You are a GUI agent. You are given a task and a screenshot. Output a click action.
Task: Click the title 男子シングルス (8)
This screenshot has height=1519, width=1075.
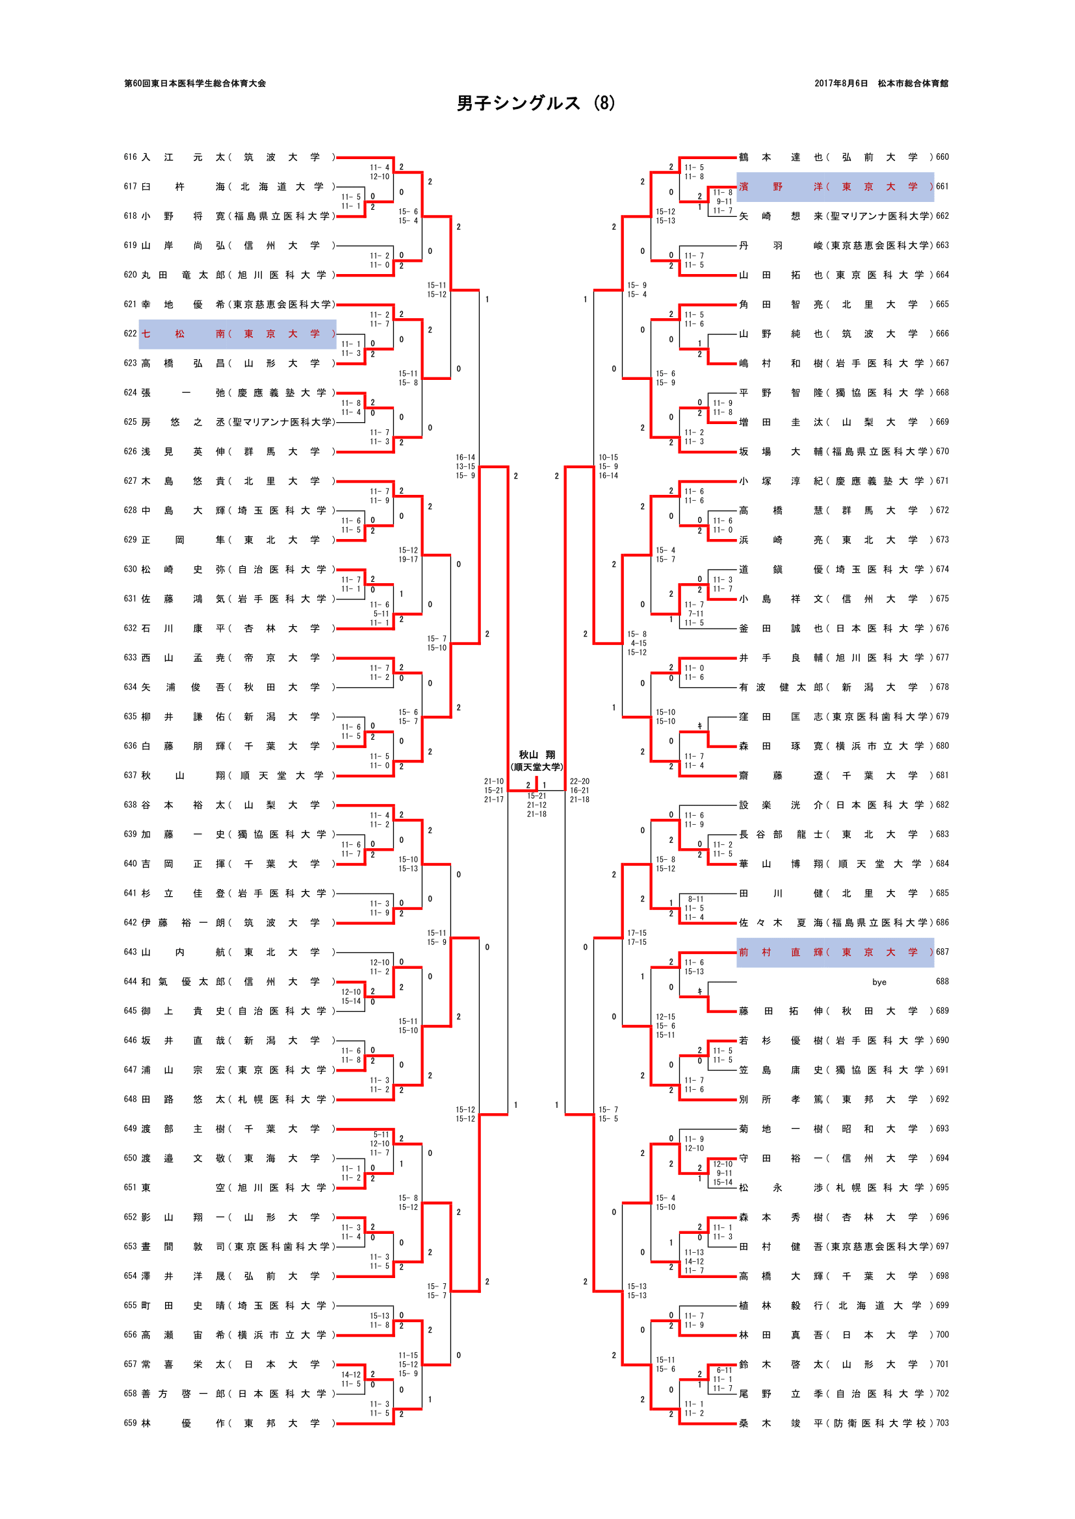tap(536, 103)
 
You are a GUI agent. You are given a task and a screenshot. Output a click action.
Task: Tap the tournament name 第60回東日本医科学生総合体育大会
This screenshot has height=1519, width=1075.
tap(194, 83)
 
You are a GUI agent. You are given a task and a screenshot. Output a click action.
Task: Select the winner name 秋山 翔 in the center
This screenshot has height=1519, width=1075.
tap(536, 755)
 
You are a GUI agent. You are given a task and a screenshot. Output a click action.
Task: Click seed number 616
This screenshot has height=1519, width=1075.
tap(130, 157)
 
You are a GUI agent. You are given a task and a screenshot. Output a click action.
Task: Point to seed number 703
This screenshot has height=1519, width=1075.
tap(942, 1423)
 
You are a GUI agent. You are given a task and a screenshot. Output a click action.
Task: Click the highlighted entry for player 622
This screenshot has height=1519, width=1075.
tap(237, 334)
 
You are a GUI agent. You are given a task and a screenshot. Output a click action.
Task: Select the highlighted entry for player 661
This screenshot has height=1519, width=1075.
tap(835, 186)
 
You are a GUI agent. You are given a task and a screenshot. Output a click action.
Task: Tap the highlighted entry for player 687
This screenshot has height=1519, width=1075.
tap(835, 952)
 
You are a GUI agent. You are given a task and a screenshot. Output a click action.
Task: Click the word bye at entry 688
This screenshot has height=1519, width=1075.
tap(879, 982)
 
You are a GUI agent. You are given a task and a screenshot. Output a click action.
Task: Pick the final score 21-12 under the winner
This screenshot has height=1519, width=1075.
tap(536, 805)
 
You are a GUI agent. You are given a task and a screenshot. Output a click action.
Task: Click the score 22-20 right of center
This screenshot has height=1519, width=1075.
tap(579, 781)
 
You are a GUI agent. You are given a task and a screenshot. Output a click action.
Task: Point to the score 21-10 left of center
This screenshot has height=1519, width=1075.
tap(493, 781)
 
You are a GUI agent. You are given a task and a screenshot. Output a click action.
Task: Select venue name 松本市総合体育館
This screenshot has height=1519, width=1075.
tap(913, 83)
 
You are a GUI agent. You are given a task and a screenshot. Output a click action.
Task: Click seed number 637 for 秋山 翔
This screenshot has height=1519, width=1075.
tap(130, 775)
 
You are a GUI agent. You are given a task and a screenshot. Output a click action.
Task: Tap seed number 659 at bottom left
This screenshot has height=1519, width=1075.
tap(130, 1423)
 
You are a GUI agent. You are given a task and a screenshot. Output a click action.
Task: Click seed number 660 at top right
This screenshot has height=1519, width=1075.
tap(942, 157)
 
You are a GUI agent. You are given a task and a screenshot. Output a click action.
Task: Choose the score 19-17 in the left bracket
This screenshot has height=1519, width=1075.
tap(408, 560)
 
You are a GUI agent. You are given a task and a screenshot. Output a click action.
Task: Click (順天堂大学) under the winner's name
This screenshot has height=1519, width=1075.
tap(536, 768)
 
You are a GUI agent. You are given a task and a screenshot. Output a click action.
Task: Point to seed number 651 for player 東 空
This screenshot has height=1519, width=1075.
tap(130, 1188)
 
